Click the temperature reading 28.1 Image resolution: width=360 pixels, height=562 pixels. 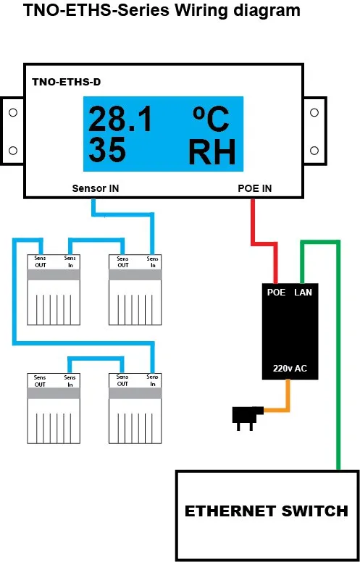(120, 119)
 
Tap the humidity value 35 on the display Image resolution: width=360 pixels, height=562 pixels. (107, 150)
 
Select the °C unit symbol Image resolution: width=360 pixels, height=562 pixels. (211, 119)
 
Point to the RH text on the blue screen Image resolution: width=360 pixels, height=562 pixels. (212, 151)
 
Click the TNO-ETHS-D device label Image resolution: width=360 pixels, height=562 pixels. (67, 82)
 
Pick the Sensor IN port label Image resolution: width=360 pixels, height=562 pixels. (96, 188)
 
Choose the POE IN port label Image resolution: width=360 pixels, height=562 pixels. (255, 188)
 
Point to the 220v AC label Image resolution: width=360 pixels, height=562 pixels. (290, 369)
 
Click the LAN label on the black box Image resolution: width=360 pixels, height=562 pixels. (304, 293)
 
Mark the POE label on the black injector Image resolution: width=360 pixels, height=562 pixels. (277, 293)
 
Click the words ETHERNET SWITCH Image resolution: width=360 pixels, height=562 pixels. (267, 511)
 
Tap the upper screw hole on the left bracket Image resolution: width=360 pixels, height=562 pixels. (13, 112)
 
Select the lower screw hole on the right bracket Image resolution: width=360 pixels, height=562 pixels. (314, 150)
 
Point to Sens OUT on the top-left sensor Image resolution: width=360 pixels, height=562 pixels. (40, 261)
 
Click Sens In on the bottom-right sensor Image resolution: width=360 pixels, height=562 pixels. (152, 380)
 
